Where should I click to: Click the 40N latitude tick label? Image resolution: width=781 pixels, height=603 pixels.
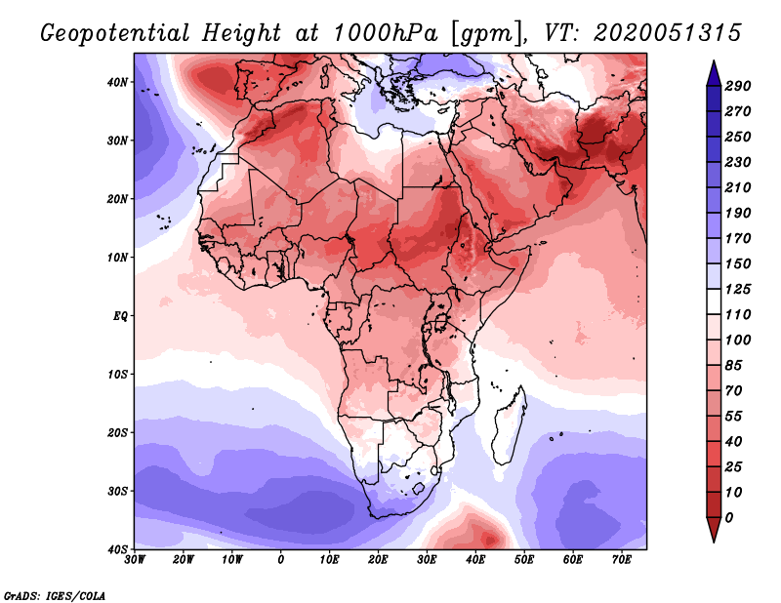[117, 82]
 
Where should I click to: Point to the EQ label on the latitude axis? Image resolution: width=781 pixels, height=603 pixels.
[120, 316]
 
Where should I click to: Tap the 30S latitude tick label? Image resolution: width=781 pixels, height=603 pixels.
[117, 492]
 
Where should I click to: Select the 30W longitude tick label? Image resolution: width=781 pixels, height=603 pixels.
[135, 560]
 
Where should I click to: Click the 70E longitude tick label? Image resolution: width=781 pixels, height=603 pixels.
[621, 560]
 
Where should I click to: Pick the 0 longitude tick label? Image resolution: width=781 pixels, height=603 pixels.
[281, 560]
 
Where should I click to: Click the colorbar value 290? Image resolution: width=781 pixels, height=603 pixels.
[738, 86]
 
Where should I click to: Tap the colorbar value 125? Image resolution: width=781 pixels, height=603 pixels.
[738, 289]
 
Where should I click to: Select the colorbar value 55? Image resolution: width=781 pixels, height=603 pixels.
[734, 417]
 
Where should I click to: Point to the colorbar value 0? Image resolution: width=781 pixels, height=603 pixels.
[729, 518]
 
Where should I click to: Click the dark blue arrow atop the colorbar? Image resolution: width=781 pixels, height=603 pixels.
[714, 73]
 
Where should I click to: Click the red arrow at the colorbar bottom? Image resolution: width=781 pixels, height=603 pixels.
[714, 530]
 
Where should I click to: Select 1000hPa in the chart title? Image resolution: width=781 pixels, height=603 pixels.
[386, 33]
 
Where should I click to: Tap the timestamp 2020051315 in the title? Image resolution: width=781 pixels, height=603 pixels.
[668, 33]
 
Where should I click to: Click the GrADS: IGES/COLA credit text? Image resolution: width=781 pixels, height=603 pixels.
[55, 595]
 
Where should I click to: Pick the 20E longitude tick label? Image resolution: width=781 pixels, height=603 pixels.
[378, 560]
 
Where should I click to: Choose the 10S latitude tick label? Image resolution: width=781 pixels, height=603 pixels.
[117, 375]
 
